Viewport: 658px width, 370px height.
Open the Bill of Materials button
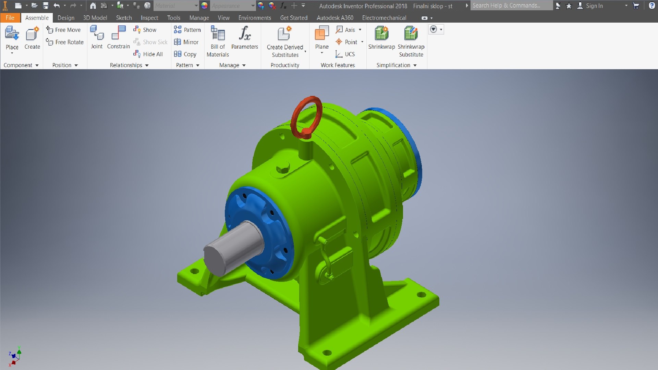(x=218, y=41)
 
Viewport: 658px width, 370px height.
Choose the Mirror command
(x=186, y=42)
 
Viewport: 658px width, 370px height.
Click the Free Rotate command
(x=65, y=42)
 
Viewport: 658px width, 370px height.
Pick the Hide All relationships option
(x=148, y=54)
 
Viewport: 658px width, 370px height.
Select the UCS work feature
(x=345, y=54)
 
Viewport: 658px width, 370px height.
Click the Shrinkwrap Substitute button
(x=411, y=41)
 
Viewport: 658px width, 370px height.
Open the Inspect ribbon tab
(x=149, y=18)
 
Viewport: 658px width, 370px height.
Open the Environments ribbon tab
(x=255, y=18)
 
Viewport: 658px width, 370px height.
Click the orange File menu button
(x=10, y=18)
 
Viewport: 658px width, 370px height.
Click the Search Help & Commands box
(x=511, y=5)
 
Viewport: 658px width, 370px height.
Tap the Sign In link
(x=594, y=6)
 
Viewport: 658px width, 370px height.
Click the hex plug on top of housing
(x=283, y=169)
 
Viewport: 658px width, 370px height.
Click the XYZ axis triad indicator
(x=14, y=356)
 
